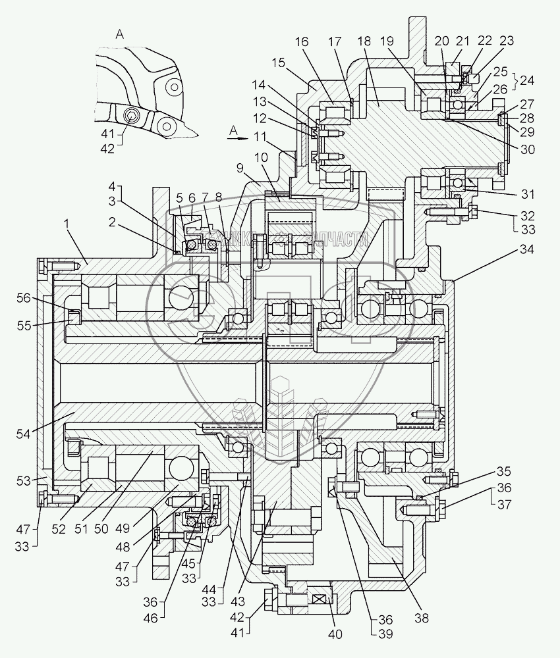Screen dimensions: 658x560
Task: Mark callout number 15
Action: (277, 63)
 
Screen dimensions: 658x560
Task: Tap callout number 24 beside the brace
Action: (527, 81)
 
